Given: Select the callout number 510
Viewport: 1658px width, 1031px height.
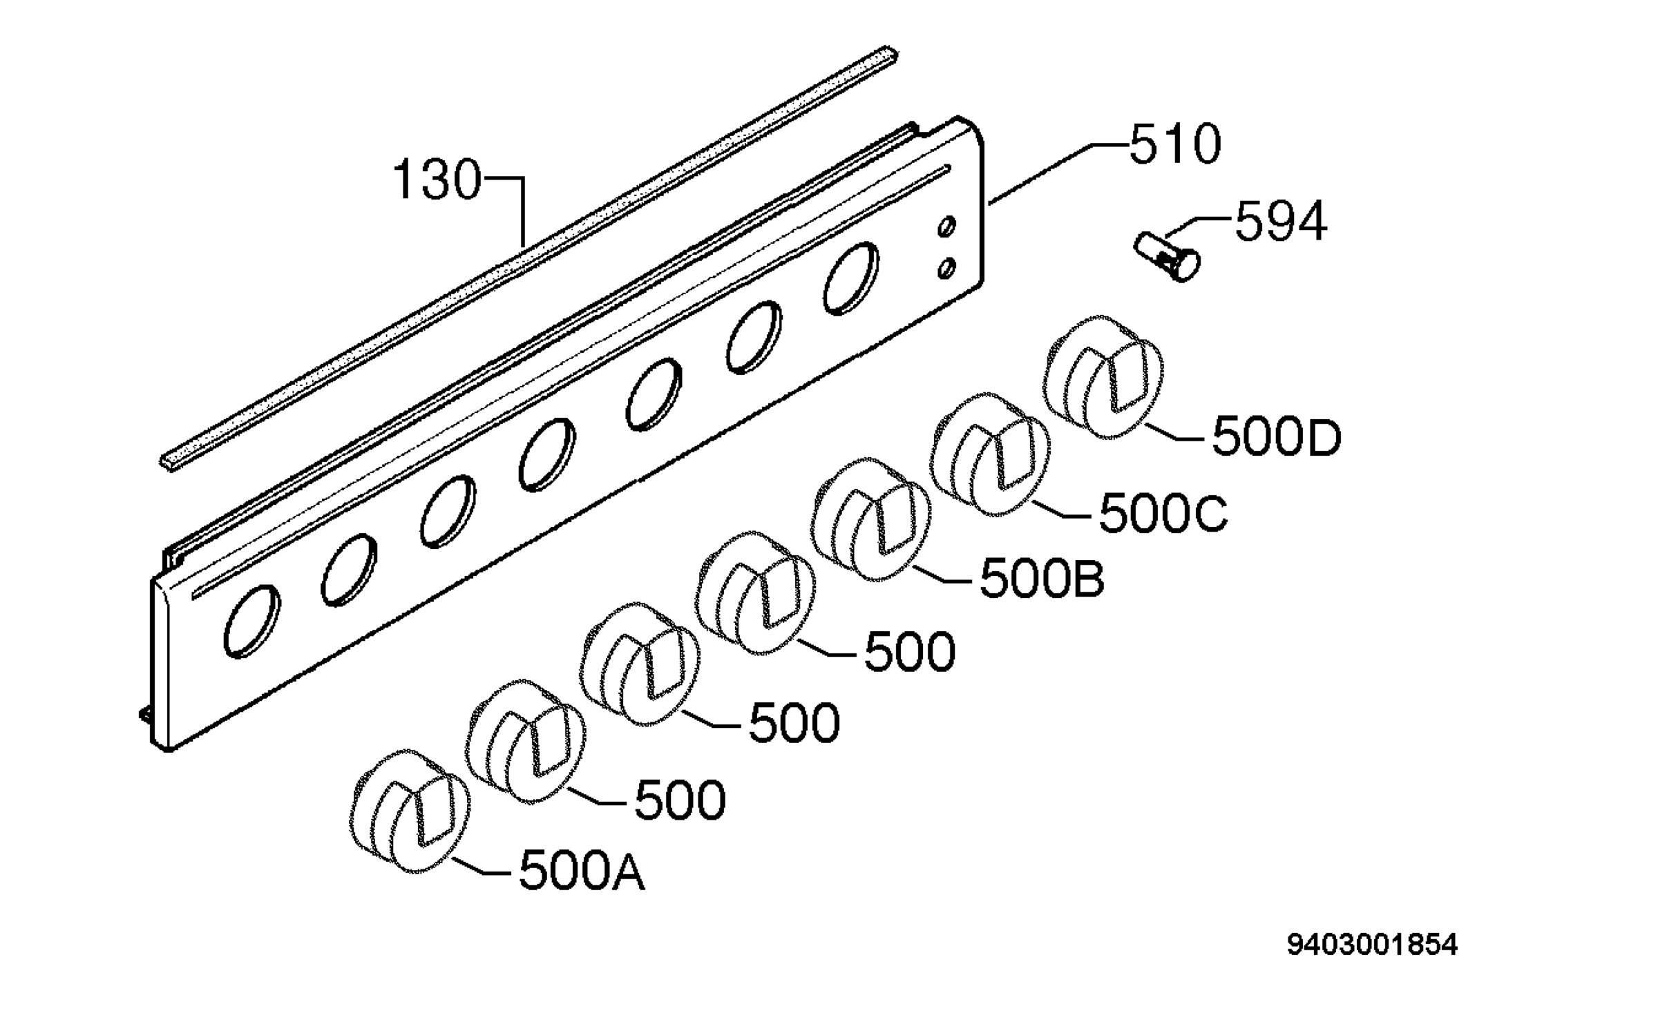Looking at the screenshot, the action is click(x=1175, y=145).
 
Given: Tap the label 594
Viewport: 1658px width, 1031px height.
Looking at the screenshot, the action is click(x=1281, y=222).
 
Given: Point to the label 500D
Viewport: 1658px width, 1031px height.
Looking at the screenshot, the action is click(x=1277, y=437).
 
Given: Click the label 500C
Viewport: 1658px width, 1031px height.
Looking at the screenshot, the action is click(x=1163, y=514).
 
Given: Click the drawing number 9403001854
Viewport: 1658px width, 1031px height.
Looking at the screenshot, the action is click(x=1372, y=945).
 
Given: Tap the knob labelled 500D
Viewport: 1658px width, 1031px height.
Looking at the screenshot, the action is click(x=1103, y=377).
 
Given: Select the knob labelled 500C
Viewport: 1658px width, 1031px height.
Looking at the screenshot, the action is click(x=989, y=455).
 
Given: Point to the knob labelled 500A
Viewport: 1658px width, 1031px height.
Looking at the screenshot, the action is click(x=411, y=811).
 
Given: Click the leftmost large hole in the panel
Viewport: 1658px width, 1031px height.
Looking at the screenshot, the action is click(x=252, y=622).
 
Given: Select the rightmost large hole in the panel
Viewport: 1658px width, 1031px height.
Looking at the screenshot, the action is click(x=851, y=278).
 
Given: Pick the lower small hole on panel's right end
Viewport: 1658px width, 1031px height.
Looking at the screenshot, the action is click(x=947, y=268).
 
